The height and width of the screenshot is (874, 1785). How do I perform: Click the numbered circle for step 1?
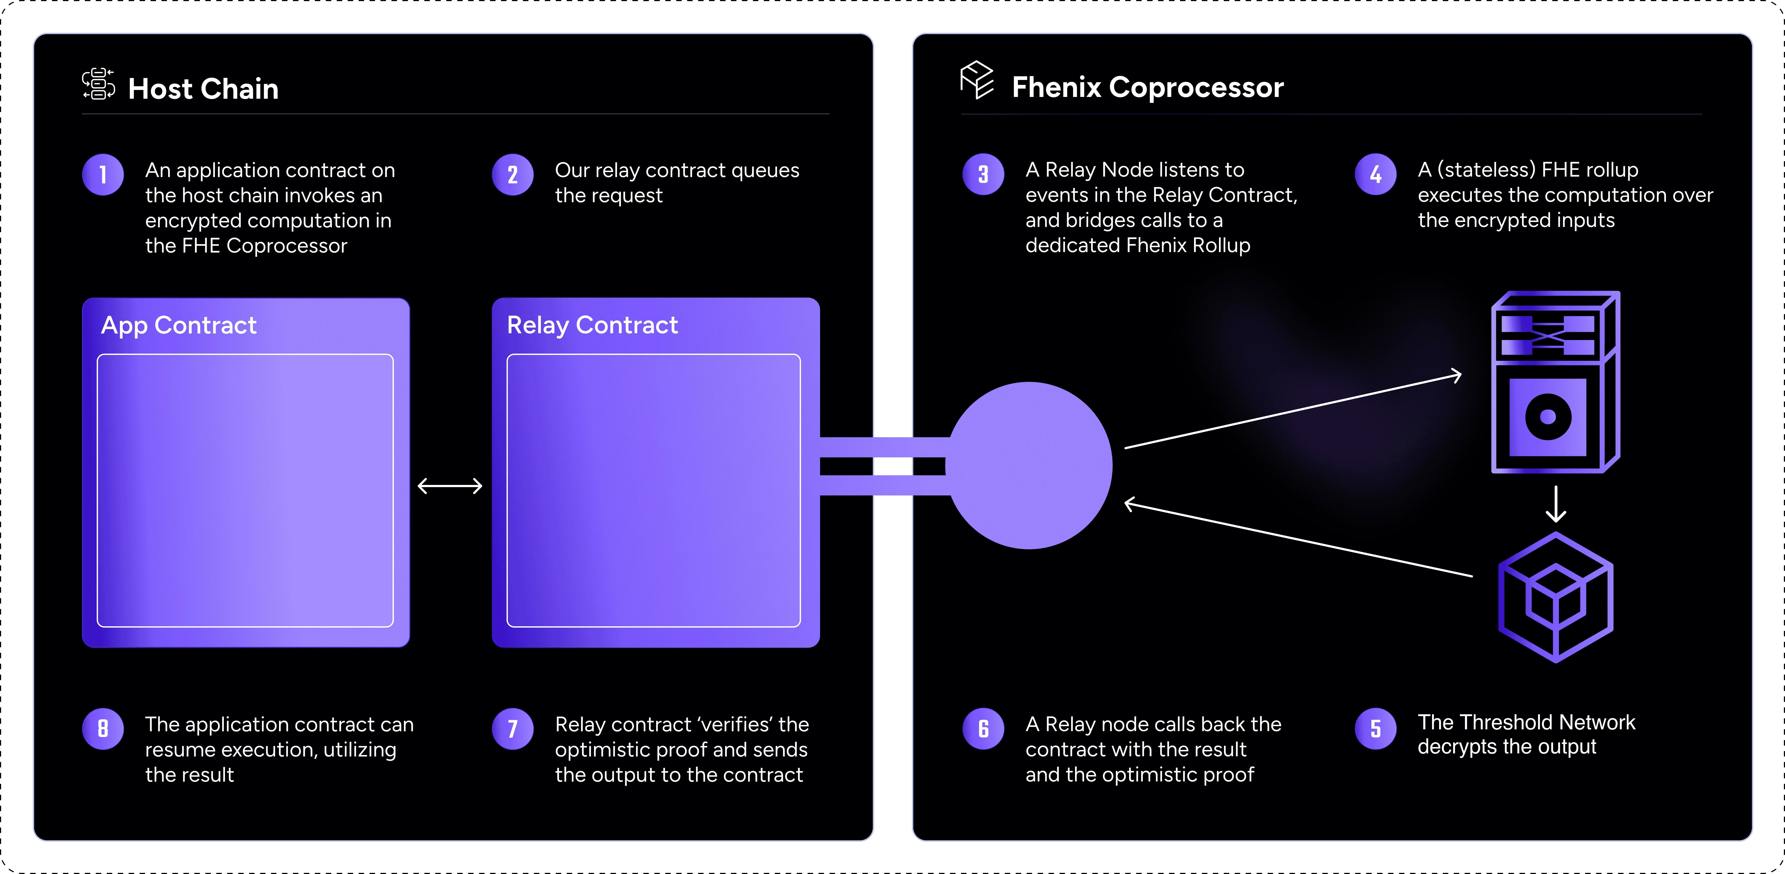tap(103, 175)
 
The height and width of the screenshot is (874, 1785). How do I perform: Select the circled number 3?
tap(983, 175)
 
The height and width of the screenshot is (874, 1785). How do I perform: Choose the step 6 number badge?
tap(983, 728)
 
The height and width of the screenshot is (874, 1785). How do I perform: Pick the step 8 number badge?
tap(103, 728)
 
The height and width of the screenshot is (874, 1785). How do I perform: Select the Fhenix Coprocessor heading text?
tap(1147, 87)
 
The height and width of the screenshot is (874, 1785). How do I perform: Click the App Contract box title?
tap(179, 325)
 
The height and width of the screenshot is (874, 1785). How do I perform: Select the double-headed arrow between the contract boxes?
tap(450, 486)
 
